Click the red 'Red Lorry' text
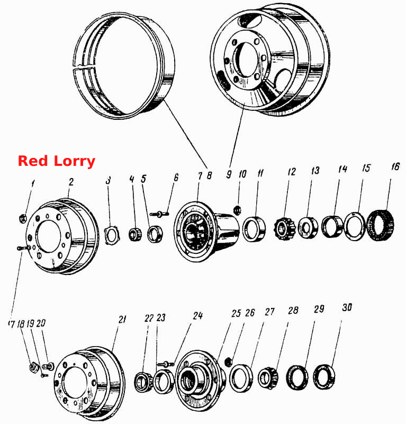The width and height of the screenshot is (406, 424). pyautogui.click(x=57, y=161)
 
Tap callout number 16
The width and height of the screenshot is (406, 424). pyautogui.click(x=395, y=166)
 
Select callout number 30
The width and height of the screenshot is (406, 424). pyautogui.click(x=347, y=307)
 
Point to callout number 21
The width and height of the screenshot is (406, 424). pyautogui.click(x=122, y=320)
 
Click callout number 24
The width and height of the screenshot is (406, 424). pyautogui.click(x=198, y=315)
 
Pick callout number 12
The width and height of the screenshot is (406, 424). pyautogui.click(x=292, y=172)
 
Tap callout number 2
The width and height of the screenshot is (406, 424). pyautogui.click(x=71, y=182)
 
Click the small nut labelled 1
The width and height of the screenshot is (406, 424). pyautogui.click(x=23, y=218)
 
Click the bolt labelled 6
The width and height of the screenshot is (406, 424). pyautogui.click(x=159, y=214)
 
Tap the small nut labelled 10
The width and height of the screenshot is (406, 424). pyautogui.click(x=238, y=210)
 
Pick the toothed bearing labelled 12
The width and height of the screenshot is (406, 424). pyautogui.click(x=284, y=229)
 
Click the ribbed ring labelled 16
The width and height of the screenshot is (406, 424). pyautogui.click(x=380, y=224)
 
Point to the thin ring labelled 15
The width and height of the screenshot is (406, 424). pyautogui.click(x=355, y=227)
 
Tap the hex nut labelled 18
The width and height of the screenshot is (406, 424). pyautogui.click(x=34, y=367)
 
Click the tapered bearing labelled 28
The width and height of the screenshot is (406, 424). pyautogui.click(x=268, y=378)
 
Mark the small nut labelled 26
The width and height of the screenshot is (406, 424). pyautogui.click(x=229, y=361)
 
